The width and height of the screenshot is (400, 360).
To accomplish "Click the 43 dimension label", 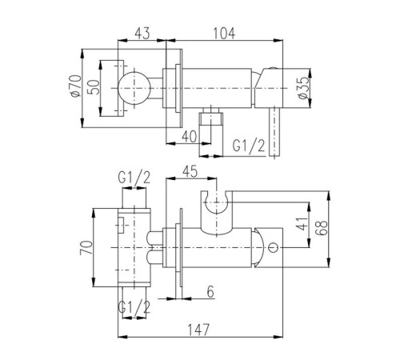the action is (142, 34).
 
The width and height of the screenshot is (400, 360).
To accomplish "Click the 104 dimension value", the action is (224, 34).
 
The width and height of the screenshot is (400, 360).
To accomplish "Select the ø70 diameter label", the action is (74, 86).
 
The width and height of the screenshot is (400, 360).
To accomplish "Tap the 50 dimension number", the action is (94, 87).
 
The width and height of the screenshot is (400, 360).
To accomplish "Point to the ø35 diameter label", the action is (304, 88).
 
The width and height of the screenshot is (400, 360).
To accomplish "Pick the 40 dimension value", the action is (189, 137).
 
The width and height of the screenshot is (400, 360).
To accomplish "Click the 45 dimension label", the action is (190, 171).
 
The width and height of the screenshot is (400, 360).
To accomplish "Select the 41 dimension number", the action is (302, 223).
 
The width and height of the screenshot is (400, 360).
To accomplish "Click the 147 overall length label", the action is (199, 330).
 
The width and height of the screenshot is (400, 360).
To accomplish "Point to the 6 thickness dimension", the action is (210, 292).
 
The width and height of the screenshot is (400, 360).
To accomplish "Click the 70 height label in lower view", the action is (86, 247).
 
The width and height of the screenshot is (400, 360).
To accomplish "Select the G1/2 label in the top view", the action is (249, 146).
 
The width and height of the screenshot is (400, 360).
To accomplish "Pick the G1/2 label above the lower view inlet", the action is (134, 178).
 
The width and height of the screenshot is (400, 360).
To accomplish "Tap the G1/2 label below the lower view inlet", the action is (134, 306).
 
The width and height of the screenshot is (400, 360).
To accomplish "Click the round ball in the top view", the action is (134, 88).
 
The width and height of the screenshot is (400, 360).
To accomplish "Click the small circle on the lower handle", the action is (273, 248).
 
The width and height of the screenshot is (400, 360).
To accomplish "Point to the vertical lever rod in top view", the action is (274, 132).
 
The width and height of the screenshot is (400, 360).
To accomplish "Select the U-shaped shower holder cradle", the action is (216, 214).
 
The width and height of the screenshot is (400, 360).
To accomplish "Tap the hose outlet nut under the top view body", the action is (211, 118).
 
